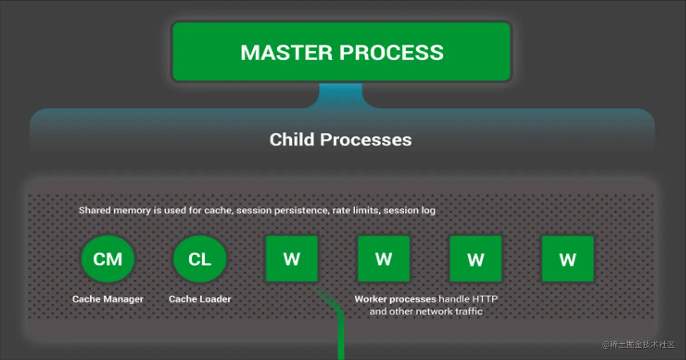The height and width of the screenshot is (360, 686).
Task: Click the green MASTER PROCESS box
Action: [x=341, y=52]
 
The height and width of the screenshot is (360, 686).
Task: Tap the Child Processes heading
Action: [x=340, y=140]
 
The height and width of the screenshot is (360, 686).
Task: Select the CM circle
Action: [x=108, y=259]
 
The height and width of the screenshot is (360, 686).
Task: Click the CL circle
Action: [x=200, y=259]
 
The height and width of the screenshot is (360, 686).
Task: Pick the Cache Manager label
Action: [x=108, y=299]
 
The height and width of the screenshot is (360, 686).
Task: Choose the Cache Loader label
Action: [x=200, y=299]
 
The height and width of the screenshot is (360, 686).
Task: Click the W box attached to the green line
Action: [x=291, y=259]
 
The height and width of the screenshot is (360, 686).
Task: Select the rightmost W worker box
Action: [x=568, y=259]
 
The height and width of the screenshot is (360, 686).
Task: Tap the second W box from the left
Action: [x=384, y=259]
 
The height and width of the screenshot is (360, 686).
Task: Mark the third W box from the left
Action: [x=475, y=259]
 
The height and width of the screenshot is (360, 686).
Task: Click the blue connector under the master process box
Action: [x=341, y=94]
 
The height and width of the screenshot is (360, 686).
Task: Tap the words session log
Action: [x=410, y=211]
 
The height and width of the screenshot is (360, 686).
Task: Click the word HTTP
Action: [x=485, y=299]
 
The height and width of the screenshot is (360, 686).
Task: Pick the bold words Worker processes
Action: [x=395, y=299]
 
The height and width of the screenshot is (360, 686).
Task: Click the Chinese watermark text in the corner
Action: [x=639, y=345]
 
